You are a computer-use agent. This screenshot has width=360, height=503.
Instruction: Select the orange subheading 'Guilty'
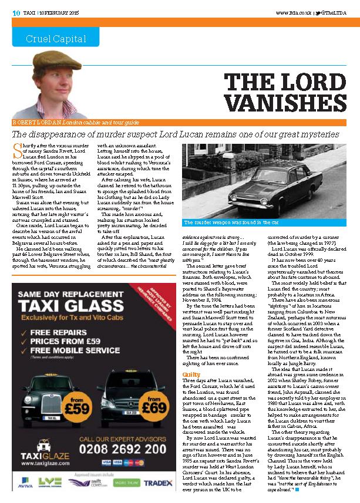(x=191, y=357)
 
